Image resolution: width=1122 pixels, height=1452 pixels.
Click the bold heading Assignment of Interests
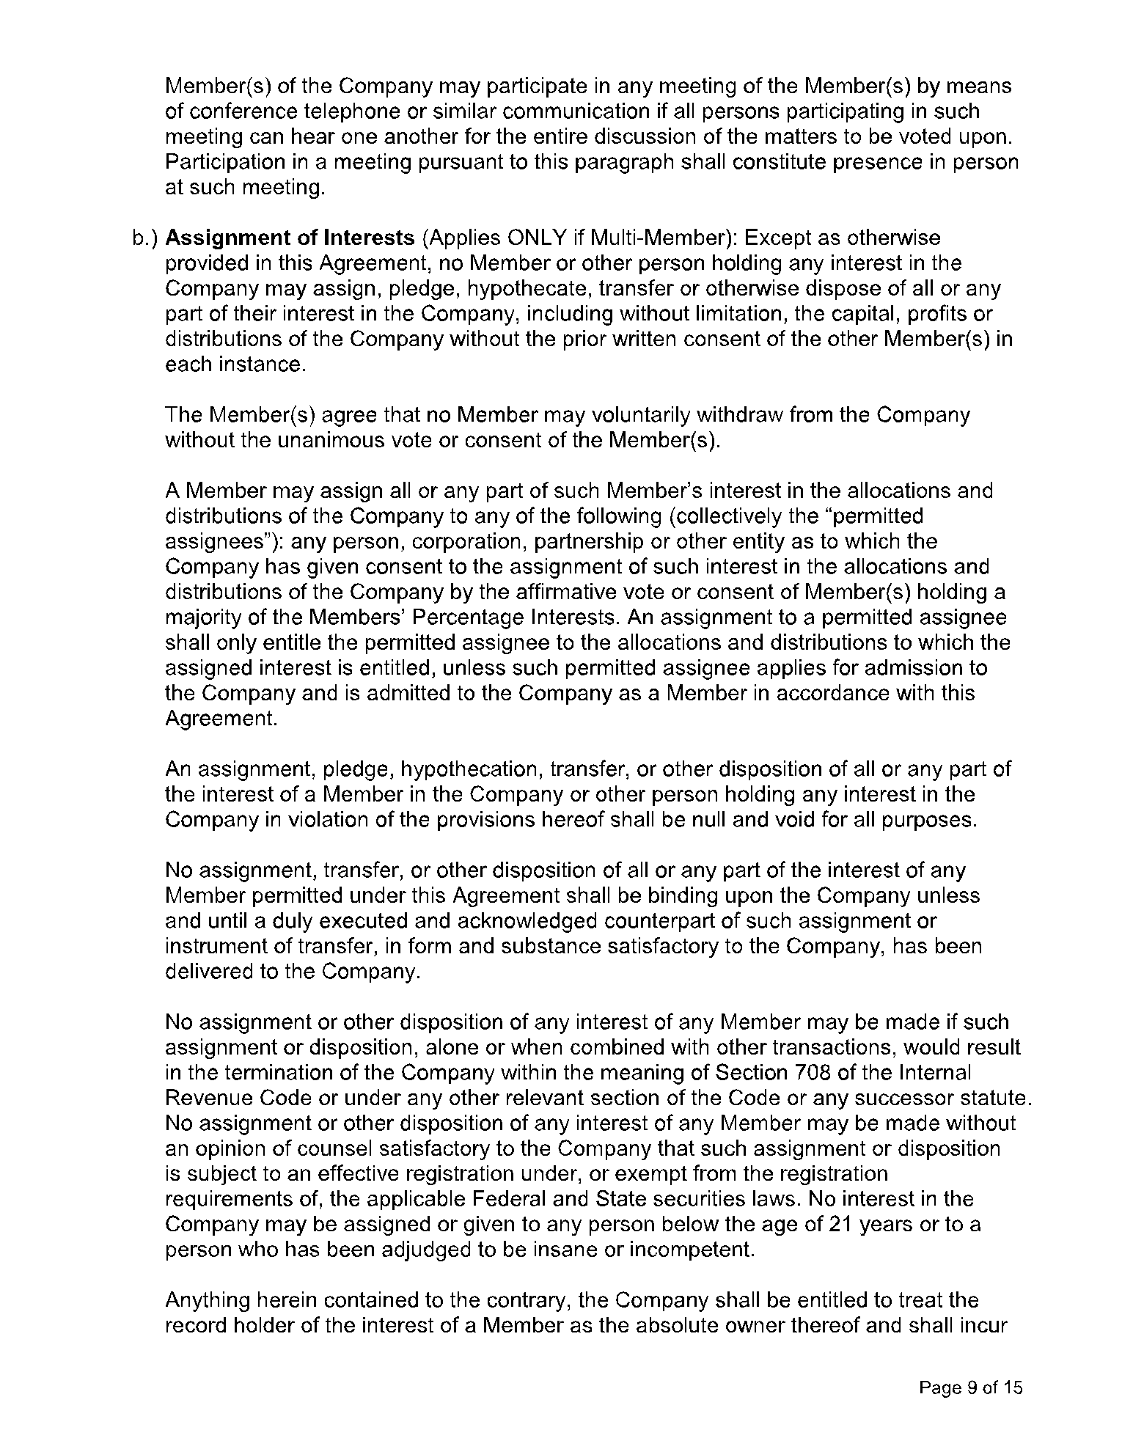(290, 238)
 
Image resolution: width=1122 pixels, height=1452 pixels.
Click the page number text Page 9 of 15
(971, 1387)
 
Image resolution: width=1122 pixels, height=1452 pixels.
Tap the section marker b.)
(146, 238)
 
